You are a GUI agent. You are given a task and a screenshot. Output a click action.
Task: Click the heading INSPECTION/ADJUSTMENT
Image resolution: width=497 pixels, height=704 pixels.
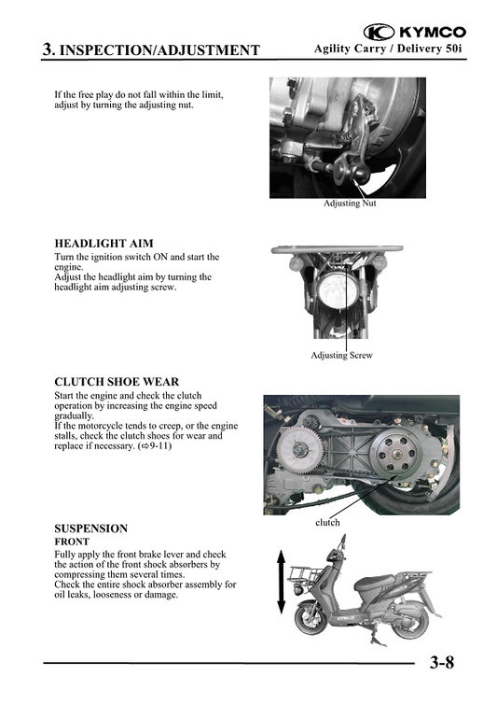(159, 49)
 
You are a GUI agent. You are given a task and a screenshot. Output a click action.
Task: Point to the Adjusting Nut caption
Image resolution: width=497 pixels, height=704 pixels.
(350, 203)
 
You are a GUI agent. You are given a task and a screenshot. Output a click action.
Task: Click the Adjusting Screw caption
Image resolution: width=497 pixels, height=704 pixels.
(342, 355)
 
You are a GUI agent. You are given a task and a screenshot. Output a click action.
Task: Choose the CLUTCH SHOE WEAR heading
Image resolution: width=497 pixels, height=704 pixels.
(117, 382)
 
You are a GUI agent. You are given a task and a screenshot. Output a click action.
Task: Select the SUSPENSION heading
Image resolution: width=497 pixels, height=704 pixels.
(90, 528)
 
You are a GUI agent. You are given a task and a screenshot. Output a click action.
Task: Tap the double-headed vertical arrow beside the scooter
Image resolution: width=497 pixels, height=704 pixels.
(281, 582)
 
